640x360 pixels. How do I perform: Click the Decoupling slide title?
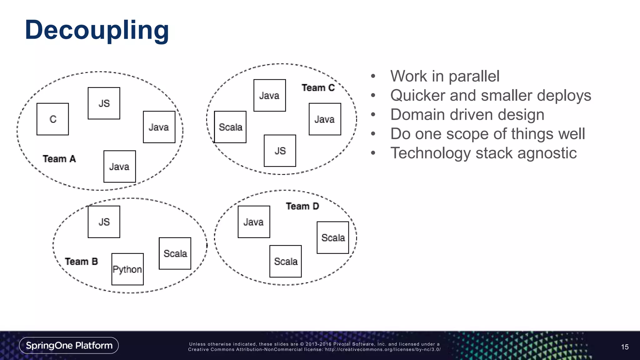point(97,30)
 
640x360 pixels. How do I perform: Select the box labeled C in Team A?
point(52,119)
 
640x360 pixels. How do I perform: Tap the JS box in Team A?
point(104,103)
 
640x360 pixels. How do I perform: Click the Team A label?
point(59,159)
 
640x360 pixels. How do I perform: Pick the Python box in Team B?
point(127,269)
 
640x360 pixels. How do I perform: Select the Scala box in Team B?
point(175,253)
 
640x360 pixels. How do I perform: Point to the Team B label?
point(81,261)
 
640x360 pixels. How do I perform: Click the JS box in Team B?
point(104,222)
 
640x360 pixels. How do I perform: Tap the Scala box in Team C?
point(230,127)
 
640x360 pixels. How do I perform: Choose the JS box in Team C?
point(280,151)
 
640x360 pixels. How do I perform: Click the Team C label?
point(318,88)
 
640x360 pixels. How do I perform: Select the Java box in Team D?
point(254,222)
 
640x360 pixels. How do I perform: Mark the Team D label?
point(302,206)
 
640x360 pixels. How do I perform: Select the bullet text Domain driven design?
point(467,115)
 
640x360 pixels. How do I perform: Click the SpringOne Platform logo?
point(69,345)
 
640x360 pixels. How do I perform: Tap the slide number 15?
point(625,347)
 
